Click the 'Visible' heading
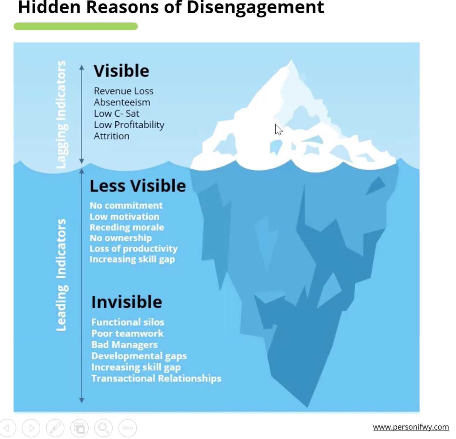coord(121,71)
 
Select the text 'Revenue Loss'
coord(124,91)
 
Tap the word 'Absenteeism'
coord(122,102)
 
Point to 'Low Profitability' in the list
coord(129,125)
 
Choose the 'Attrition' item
coord(111,136)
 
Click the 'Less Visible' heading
coord(137,186)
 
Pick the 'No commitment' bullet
coord(126,206)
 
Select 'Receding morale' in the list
coord(127,227)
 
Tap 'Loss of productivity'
coord(133,249)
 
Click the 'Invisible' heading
coord(126,302)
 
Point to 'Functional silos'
coord(128,322)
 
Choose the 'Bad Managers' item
coord(124,345)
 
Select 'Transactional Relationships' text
coord(156,378)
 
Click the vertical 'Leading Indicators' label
coord(61,275)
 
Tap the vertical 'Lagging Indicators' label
coord(61,114)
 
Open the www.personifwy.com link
coord(411,427)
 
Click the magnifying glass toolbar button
coord(104,428)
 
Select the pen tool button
coord(55,428)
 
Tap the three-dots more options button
coord(128,428)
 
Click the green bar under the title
coord(76,26)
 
